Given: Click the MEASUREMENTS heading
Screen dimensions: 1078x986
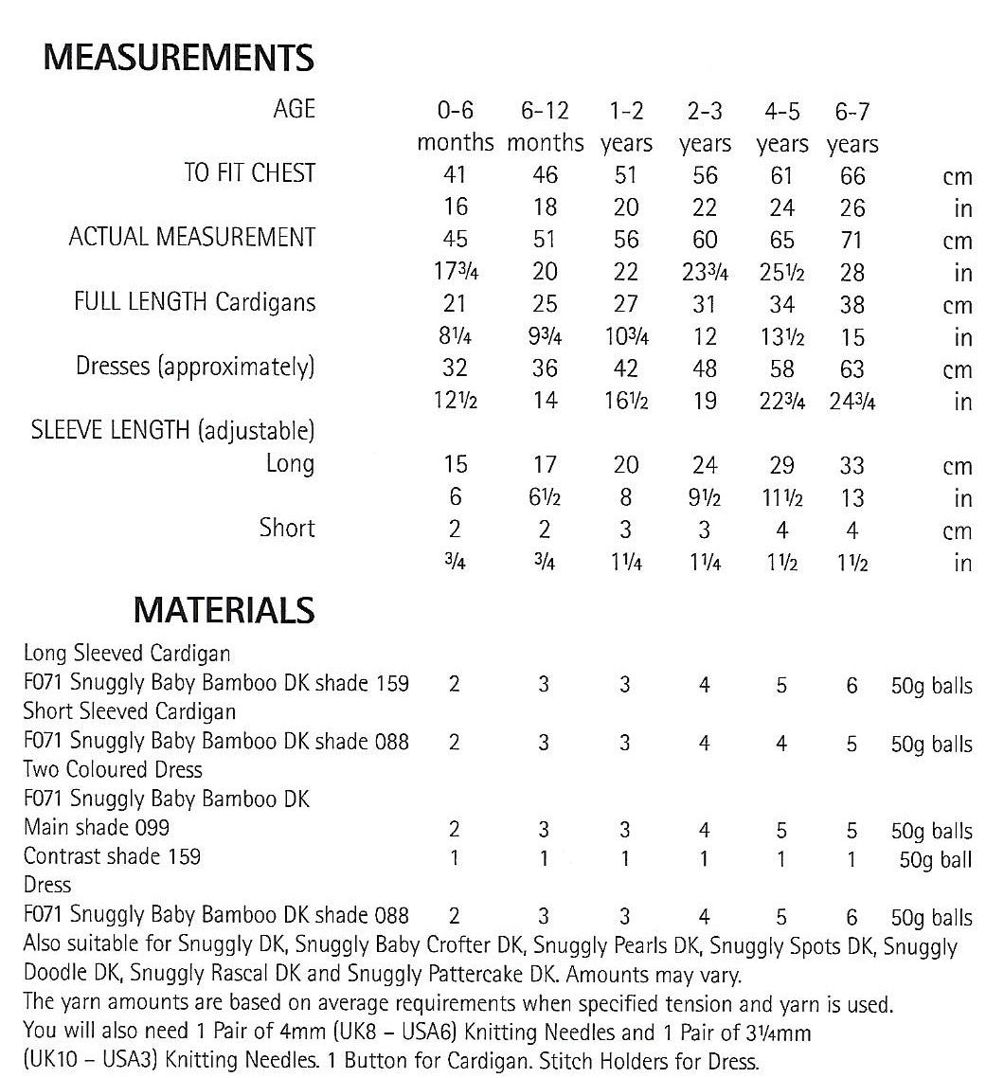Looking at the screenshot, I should [179, 59].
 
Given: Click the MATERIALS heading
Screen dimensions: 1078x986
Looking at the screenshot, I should [224, 609].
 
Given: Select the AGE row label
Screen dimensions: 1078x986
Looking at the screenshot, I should [293, 111].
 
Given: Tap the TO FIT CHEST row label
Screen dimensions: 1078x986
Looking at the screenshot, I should [250, 173].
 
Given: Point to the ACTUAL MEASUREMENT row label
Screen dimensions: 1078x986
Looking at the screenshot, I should [192, 238].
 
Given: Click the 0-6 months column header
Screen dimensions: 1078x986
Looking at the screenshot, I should [455, 127].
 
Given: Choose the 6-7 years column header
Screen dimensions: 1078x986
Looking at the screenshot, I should [852, 127].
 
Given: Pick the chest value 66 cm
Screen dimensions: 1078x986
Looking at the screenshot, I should [852, 175].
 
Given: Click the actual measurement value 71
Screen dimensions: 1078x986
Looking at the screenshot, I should [852, 241].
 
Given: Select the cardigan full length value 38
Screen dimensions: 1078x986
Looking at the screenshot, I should [852, 305].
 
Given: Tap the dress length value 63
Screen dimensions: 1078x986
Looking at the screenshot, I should [852, 368].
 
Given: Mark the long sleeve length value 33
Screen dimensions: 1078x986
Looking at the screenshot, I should [852, 465].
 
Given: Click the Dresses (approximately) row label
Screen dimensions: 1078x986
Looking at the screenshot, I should [195, 367].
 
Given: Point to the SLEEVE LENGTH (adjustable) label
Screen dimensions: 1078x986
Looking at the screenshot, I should [173, 431].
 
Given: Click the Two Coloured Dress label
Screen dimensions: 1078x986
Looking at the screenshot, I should [113, 769].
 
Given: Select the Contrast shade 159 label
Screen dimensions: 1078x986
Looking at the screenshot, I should [112, 856].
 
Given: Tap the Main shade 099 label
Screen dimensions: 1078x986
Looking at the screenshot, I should [97, 827].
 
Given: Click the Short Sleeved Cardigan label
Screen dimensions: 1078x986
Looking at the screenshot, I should [130, 711].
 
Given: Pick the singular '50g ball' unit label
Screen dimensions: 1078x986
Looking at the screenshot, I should [935, 860].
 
